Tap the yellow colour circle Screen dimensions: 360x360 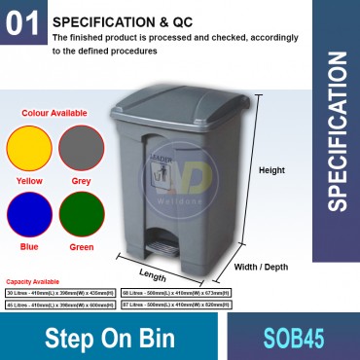28,149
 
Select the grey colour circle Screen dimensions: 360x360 81,149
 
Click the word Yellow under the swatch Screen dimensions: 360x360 28,180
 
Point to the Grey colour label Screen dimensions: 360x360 81,180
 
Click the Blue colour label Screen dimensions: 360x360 28,245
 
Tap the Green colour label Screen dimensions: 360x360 81,245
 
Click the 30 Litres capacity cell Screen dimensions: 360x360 60,293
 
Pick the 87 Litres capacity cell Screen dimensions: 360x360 176,305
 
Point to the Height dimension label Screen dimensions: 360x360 271,170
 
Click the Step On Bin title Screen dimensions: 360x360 110,338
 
